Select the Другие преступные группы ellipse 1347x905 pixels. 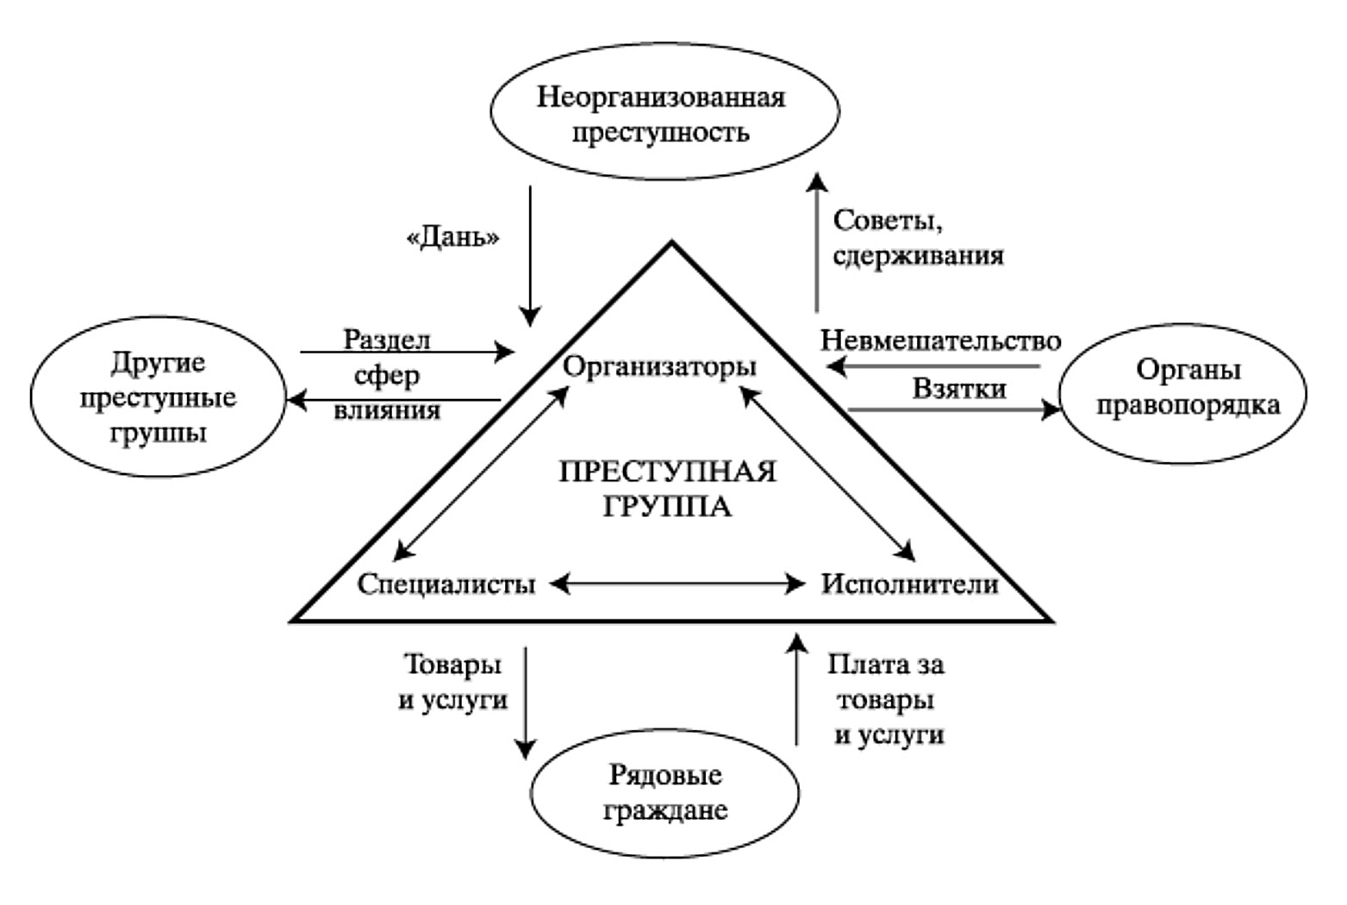pos(158,396)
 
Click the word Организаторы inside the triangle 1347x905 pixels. pos(659,367)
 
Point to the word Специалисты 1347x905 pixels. pos(446,584)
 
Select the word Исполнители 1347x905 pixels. pos(909,584)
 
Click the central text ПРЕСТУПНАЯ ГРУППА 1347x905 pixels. pos(667,489)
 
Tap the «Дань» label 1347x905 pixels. pos(452,239)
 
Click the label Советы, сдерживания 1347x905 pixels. pos(918,239)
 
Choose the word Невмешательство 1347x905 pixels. pos(940,340)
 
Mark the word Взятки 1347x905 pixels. pos(959,389)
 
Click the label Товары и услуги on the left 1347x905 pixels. pos(453,683)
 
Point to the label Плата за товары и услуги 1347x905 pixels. pos(887,700)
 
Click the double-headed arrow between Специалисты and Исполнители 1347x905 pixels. pos(677,584)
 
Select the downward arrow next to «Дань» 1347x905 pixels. pos(530,254)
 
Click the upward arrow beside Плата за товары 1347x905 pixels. pos(797,690)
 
